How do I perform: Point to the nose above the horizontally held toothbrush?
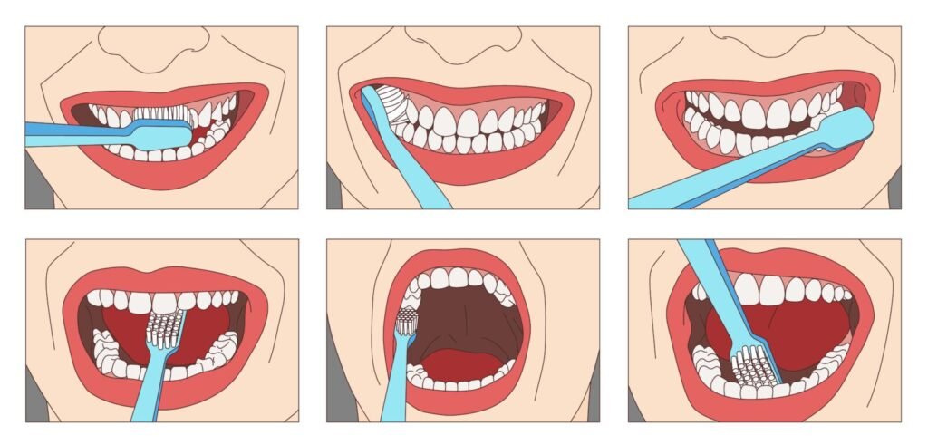(153, 40)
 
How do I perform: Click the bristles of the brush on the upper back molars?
(407, 320)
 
